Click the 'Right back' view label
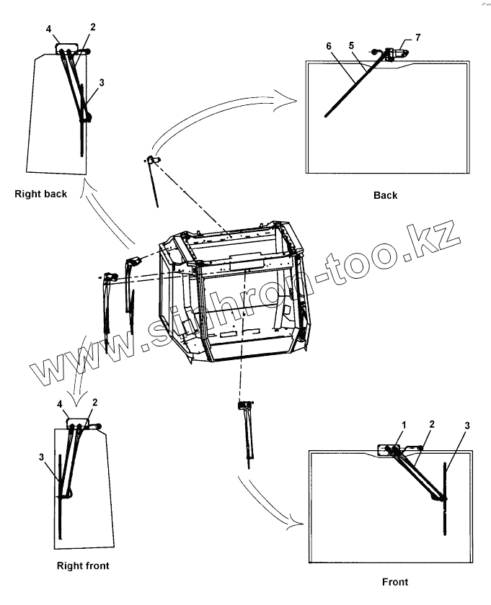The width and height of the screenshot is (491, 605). [40, 194]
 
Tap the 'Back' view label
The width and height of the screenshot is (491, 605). [385, 195]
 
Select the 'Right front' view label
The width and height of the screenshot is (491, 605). [83, 565]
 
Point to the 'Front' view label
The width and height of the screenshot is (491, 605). [394, 582]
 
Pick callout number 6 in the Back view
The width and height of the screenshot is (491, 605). [329, 45]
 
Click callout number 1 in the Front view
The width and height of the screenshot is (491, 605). [404, 425]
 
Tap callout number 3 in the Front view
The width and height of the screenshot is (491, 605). [466, 425]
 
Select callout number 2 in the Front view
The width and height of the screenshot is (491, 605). [432, 425]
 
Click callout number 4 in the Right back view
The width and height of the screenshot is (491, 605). [48, 29]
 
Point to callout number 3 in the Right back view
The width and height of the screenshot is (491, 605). [102, 83]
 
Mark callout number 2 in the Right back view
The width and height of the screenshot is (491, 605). [92, 27]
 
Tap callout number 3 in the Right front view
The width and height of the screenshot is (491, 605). [41, 457]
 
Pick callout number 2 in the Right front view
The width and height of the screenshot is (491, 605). [95, 401]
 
